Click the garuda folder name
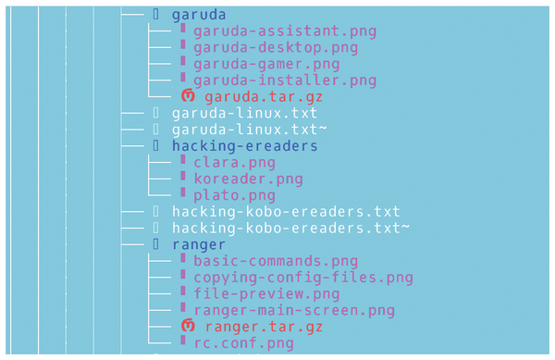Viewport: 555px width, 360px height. pos(199,14)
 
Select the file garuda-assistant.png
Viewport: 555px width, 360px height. pos(285,31)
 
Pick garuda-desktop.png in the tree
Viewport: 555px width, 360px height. pos(276,47)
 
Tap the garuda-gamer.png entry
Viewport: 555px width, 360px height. pos(266,64)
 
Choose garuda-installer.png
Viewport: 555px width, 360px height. pos(285,81)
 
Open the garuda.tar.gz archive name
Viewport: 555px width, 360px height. pos(264,96)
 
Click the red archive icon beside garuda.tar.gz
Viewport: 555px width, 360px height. pos(188,96)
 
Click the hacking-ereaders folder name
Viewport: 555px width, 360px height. pos(244,146)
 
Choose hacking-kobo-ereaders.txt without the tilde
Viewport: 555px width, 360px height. pos(286,212)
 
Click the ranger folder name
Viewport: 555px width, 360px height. pos(199,245)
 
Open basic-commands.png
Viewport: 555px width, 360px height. pos(276,261)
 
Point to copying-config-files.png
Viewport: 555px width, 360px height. pos(303,278)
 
